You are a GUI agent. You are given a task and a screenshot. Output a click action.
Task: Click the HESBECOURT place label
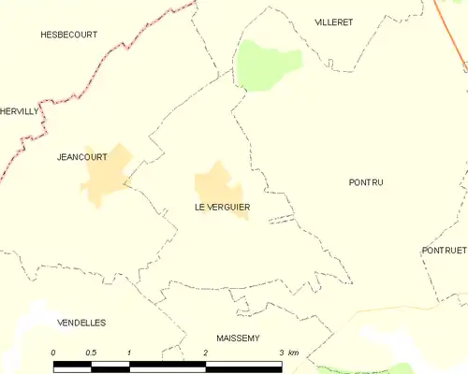coord(68,34)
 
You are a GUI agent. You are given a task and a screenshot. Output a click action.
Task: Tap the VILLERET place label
coord(333,22)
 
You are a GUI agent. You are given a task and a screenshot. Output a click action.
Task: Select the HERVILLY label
coord(20,110)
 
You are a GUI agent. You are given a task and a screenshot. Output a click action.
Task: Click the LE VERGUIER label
coord(222,207)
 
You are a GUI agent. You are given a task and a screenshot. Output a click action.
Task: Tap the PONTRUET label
coord(444,251)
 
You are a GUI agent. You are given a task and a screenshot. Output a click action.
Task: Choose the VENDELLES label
coord(81,323)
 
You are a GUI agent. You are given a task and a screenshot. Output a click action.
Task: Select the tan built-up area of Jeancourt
coord(106,176)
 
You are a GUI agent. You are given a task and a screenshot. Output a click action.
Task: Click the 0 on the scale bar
coord(53,352)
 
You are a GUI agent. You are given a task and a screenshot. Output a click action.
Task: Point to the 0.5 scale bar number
coord(91,352)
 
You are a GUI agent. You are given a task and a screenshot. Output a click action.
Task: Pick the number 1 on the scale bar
coord(129,352)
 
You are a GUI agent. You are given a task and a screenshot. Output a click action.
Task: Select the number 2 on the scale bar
coord(205,352)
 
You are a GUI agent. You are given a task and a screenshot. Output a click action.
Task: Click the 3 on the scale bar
coord(281,352)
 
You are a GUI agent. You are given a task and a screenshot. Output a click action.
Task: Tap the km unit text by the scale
coord(293,352)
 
